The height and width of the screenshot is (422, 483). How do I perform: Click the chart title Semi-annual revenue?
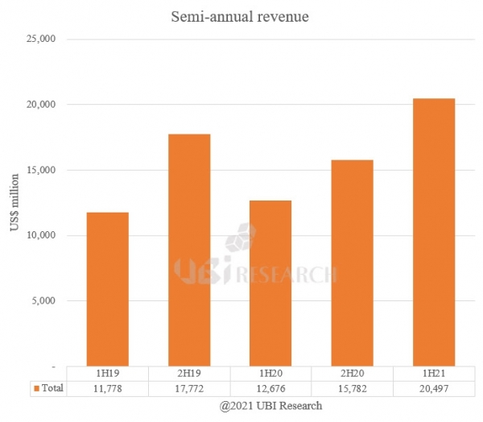coord(241,16)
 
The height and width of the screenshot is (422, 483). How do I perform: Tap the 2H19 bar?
coord(189,250)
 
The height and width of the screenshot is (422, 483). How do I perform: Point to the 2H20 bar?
coord(353,263)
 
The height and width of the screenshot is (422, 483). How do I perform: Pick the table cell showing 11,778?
coord(107,388)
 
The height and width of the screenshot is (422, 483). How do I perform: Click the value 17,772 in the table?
coord(189,388)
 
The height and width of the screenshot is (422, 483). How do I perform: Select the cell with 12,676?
coord(270,388)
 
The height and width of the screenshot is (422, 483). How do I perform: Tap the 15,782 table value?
coord(353,388)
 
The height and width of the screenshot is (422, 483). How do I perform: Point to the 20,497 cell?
coord(434,388)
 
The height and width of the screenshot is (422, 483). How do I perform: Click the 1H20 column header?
coord(270,374)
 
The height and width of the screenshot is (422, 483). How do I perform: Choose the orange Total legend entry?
coord(47,388)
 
